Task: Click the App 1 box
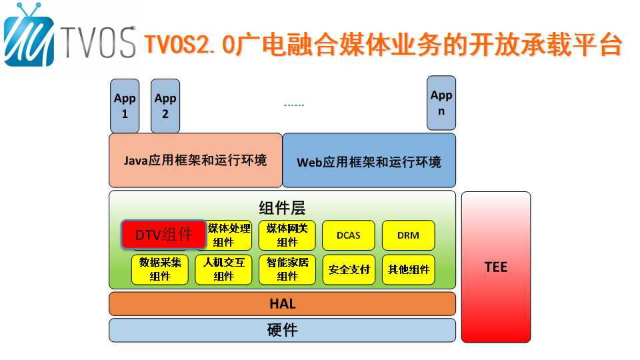coord(125,106)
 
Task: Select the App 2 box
coord(165,106)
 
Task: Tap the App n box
coord(441,103)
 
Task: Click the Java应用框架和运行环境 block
coord(195,161)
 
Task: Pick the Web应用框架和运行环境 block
coord(369,161)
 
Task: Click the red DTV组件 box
coord(164,234)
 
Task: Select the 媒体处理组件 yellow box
coord(229,235)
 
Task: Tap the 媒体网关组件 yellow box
coord(287,235)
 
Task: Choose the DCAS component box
coord(349,235)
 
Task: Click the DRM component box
coord(408,235)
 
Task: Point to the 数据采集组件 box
coord(160,269)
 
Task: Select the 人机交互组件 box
coord(224,269)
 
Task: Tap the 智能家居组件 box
coord(287,269)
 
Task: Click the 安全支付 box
coord(349,269)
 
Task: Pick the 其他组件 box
coord(408,269)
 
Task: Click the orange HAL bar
coord(283,304)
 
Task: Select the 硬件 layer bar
coord(283,330)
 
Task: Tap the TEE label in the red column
coord(496,267)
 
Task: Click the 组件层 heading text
coord(282,208)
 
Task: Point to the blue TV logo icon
coord(29,36)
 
